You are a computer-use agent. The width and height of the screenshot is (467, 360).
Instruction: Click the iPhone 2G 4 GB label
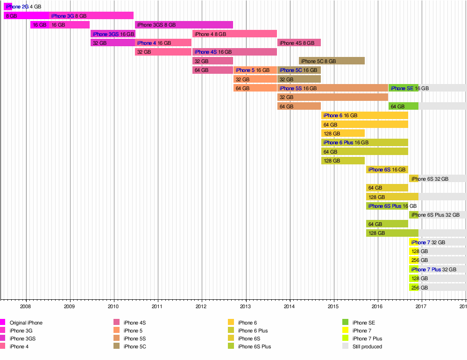(23, 7)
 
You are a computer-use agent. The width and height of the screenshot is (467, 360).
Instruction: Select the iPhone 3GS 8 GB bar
(184, 25)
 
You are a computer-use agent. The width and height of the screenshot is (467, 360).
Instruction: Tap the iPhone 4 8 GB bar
(234, 34)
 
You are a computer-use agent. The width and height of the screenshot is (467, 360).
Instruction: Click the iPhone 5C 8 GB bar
(332, 61)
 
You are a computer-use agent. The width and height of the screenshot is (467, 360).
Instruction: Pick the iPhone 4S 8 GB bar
(299, 43)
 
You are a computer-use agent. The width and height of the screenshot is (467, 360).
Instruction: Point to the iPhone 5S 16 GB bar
(333, 88)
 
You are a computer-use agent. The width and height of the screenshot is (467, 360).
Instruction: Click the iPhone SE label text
(402, 88)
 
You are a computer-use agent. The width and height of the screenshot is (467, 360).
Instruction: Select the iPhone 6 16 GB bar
(364, 115)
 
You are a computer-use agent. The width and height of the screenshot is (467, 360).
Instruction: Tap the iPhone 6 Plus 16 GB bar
(364, 142)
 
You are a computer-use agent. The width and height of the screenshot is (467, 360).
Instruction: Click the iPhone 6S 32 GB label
(430, 179)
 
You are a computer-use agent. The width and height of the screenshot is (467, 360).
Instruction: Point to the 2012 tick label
(201, 306)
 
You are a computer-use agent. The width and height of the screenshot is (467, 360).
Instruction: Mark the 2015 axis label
(333, 306)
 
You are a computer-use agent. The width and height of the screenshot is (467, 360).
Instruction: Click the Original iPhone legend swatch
(3, 322)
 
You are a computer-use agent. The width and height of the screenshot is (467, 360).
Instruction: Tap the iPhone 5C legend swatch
(117, 346)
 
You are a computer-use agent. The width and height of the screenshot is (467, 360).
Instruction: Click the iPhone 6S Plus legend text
(254, 346)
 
